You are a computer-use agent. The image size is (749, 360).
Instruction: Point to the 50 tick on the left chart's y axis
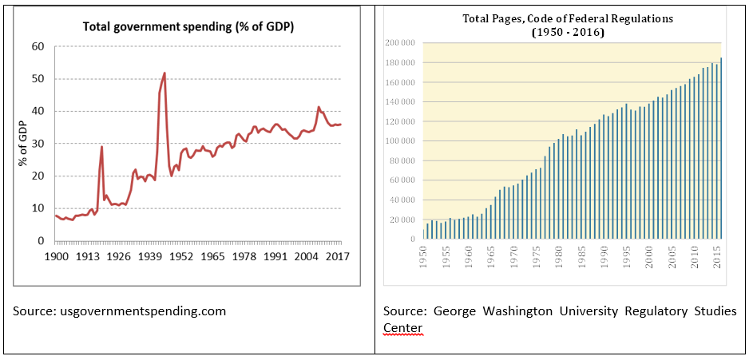click(x=38, y=79)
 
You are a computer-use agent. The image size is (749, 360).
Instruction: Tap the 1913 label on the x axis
click(x=87, y=257)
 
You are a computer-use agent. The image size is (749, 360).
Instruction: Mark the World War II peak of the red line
click(x=164, y=73)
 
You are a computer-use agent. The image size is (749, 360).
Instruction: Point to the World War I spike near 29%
click(x=101, y=147)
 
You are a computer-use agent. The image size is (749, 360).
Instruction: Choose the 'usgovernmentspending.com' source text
click(x=119, y=311)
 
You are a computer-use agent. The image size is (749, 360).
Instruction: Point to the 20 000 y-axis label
click(x=402, y=220)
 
